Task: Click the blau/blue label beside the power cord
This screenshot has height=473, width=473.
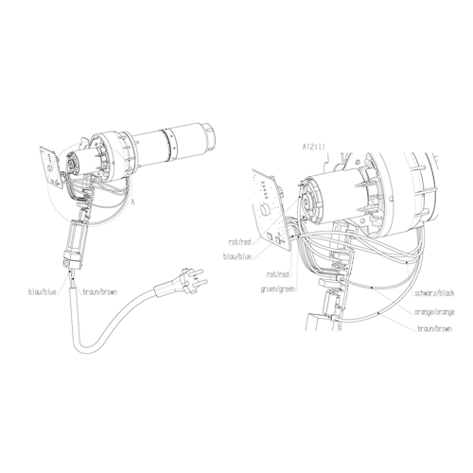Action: pos(43,292)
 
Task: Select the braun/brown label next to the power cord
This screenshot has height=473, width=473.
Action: pos(99,292)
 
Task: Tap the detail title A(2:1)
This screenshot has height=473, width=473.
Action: pos(313,147)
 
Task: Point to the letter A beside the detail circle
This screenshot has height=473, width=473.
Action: pos(132,202)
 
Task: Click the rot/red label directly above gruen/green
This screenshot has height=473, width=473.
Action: pos(278,274)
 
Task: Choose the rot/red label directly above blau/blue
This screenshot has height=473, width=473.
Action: pos(239,242)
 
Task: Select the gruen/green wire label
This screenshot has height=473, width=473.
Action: pos(278,289)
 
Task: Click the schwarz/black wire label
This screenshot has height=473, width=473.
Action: pos(434,293)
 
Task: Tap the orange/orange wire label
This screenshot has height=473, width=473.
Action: pos(434,312)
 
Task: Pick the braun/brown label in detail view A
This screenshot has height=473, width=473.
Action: pos(434,329)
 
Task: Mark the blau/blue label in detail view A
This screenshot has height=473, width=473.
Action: pos(237,256)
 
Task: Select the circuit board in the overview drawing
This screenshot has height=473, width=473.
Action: pos(50,168)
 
